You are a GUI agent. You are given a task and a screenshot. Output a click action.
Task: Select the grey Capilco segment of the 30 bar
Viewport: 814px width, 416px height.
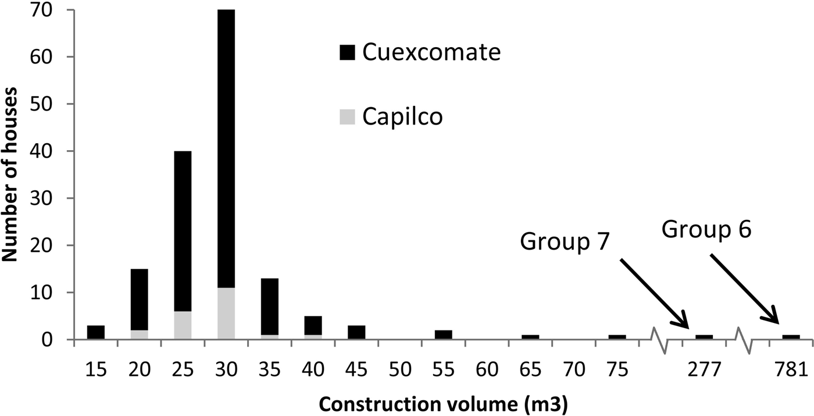click(x=226, y=313)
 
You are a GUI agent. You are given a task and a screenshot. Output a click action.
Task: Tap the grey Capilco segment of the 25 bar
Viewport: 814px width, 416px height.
click(x=183, y=325)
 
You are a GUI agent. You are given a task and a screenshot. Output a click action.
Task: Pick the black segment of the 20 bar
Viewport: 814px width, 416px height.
click(x=139, y=300)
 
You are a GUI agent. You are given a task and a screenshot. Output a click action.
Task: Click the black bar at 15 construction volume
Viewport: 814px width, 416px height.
click(x=96, y=332)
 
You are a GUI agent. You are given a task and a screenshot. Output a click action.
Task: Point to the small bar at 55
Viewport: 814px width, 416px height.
click(x=443, y=335)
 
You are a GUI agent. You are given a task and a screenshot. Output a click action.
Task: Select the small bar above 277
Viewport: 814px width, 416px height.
click(x=704, y=337)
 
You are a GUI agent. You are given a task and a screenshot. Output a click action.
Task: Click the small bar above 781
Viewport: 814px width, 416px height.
click(x=791, y=337)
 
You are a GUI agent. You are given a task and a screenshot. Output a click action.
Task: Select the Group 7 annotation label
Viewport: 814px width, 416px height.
click(x=565, y=241)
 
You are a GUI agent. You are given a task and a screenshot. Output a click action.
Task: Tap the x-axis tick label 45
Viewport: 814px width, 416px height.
click(x=356, y=369)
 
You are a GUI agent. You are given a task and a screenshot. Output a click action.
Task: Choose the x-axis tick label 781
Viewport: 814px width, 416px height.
click(x=791, y=369)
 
